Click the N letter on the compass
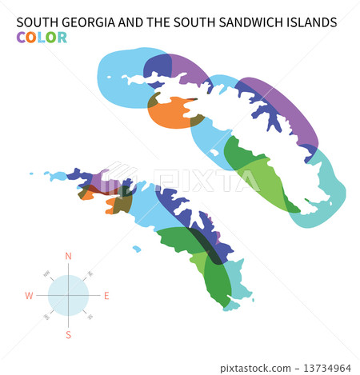coord(68,256)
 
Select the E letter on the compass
coord(106,295)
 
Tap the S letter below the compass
coord(68,335)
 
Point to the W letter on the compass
coord(29,295)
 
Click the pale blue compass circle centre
coord(68,295)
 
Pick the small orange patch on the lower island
coord(110,211)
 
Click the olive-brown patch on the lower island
coord(122,204)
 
